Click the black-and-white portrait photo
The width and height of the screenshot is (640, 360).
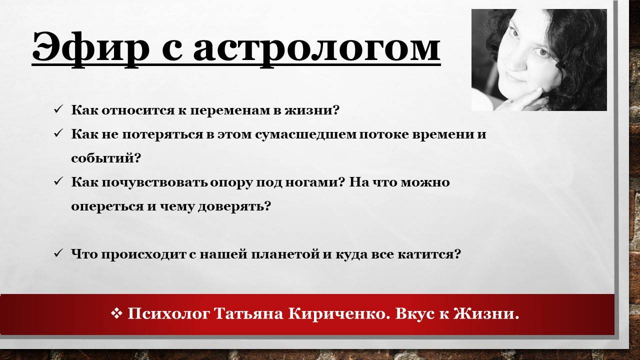tap(539, 60)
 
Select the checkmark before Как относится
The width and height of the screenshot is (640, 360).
tap(58, 109)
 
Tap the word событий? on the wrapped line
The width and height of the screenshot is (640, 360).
tap(106, 158)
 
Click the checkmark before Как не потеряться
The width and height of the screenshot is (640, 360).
tap(58, 134)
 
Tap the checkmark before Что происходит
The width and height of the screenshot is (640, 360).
tap(58, 254)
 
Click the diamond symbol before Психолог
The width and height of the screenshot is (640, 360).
tap(116, 313)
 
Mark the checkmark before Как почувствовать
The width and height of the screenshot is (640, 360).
tap(58, 182)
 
